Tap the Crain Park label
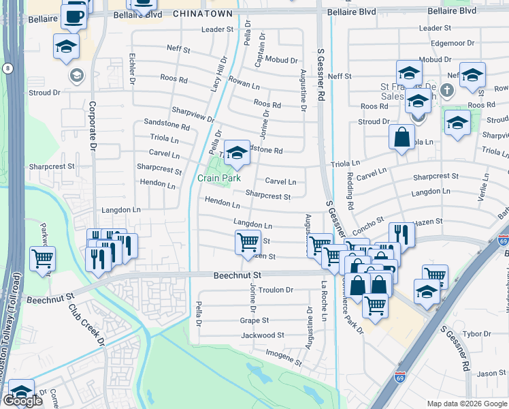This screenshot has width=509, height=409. pyautogui.click(x=219, y=178)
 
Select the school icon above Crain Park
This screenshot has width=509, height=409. pyautogui.click(x=237, y=153)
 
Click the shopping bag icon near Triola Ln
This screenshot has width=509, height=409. pyautogui.click(x=402, y=136)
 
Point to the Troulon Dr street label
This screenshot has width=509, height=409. pyautogui.click(x=275, y=290)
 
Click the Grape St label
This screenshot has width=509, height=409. pyautogui.click(x=255, y=320)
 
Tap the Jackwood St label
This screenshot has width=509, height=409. pyautogui.click(x=262, y=335)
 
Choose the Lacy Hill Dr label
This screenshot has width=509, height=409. pyautogui.click(x=217, y=76)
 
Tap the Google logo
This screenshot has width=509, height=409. pyautogui.click(x=23, y=401)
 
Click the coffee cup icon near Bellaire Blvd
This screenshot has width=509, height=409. pyautogui.click(x=74, y=15)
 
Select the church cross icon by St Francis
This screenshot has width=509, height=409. pyautogui.click(x=446, y=90)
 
